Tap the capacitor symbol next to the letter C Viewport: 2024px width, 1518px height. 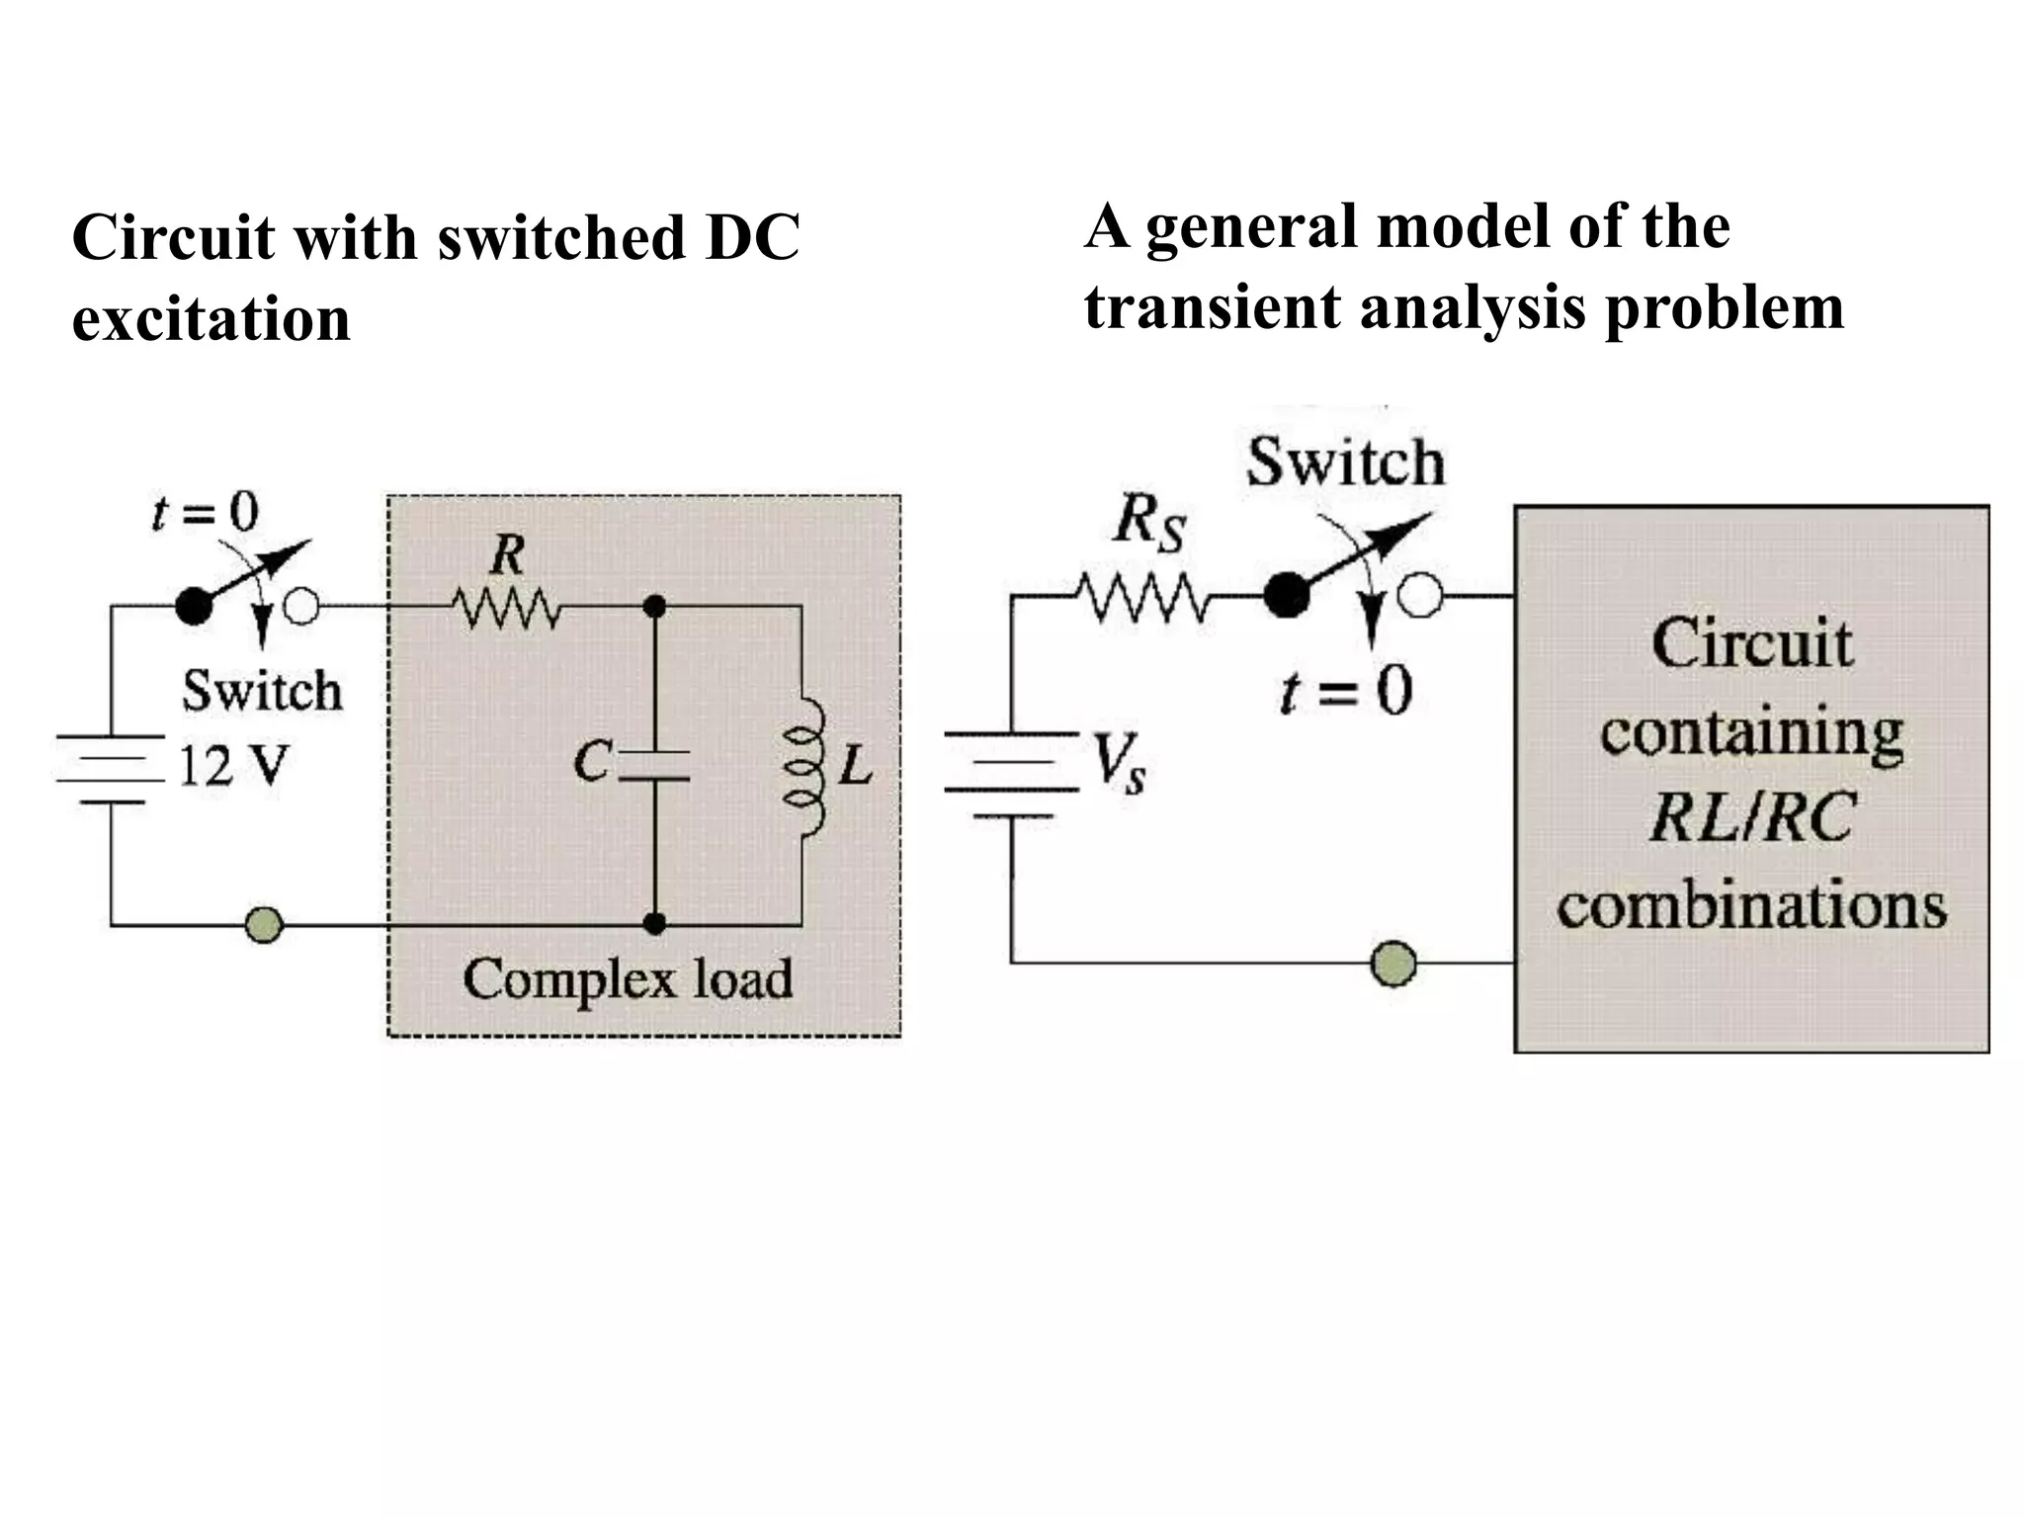click(653, 766)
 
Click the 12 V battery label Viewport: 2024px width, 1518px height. click(233, 765)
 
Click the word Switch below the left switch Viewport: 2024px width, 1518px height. click(262, 691)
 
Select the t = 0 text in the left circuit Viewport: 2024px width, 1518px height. click(205, 512)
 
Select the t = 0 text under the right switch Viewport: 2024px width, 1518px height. click(1345, 691)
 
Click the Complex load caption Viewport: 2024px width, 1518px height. click(628, 979)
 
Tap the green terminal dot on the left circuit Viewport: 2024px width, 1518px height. click(264, 925)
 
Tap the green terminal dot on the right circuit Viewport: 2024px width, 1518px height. click(1393, 962)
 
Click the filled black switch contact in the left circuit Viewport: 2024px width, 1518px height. click(194, 606)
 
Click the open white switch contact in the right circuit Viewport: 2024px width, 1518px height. click(1421, 597)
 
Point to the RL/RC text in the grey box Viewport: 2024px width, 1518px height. click(1751, 818)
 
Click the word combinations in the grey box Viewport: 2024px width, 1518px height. click(1751, 905)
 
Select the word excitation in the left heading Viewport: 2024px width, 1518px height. click(211, 319)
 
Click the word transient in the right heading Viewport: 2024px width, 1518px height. click(1213, 306)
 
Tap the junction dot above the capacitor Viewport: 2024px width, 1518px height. click(653, 605)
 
